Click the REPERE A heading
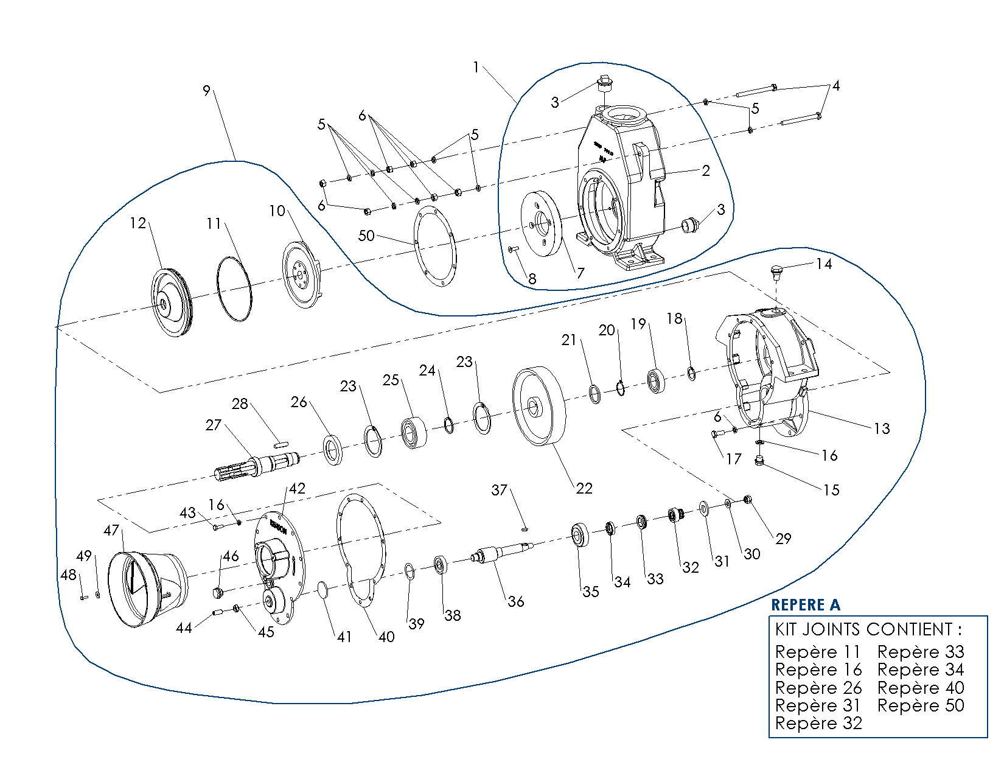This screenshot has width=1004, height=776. point(805,605)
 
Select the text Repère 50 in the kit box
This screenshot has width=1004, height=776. point(921,705)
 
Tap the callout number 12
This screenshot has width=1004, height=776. point(138,223)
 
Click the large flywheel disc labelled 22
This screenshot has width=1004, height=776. point(539,406)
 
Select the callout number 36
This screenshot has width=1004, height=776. point(516,601)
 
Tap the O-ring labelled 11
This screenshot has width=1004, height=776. point(234,288)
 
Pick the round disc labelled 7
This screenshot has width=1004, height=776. point(540,223)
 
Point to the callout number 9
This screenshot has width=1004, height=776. point(206,91)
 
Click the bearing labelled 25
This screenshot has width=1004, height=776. point(413,432)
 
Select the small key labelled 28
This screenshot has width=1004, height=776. point(280,444)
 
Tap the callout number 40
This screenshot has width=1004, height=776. point(386,637)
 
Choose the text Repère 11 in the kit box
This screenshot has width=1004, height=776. point(818,652)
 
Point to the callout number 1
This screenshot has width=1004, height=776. point(476,68)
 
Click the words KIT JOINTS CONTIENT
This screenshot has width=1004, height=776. point(868,629)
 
